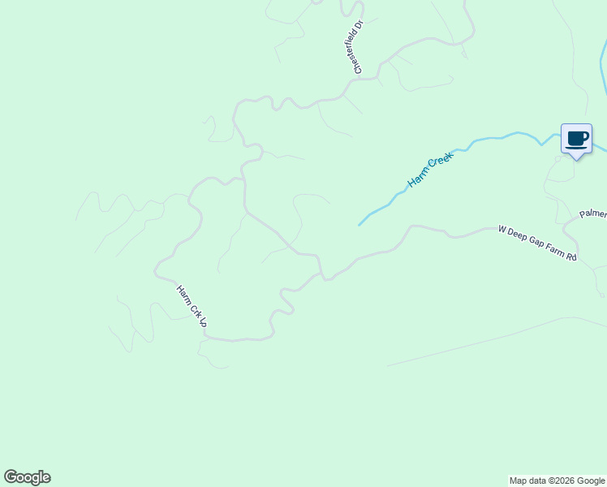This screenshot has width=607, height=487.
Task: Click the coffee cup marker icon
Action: click(x=576, y=139)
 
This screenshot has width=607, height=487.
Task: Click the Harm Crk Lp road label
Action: click(x=192, y=305)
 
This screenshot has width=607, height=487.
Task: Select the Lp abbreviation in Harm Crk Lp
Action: click(x=203, y=322)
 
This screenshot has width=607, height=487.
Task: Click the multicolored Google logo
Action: click(x=27, y=477)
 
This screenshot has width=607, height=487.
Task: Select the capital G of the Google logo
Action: click(x=10, y=477)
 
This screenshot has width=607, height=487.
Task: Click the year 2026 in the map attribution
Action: click(x=561, y=481)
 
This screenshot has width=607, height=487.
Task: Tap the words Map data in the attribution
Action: click(x=527, y=481)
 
